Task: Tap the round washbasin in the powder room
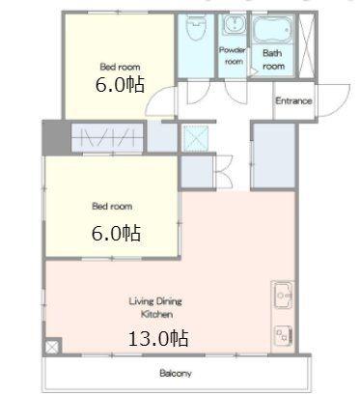(x=235, y=24)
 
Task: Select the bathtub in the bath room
(x=272, y=29)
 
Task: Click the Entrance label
(x=293, y=100)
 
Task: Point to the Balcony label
(x=176, y=374)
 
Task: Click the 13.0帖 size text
(x=158, y=338)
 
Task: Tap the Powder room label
(x=233, y=55)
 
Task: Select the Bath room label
(x=273, y=60)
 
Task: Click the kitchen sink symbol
(x=283, y=296)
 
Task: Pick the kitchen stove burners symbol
(x=283, y=336)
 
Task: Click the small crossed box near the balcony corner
(x=53, y=347)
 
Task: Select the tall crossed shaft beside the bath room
(x=307, y=44)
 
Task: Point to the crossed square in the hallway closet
(x=196, y=138)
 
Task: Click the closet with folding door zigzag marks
(x=107, y=137)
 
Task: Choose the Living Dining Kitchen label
(x=155, y=308)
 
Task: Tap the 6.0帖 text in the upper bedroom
(x=120, y=85)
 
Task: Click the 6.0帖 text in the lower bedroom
(x=116, y=233)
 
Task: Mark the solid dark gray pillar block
(x=55, y=138)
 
